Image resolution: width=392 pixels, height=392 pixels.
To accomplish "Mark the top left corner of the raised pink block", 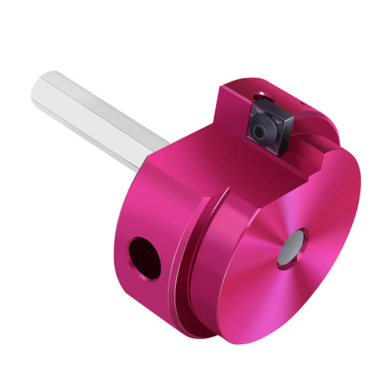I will coord(221,88).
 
